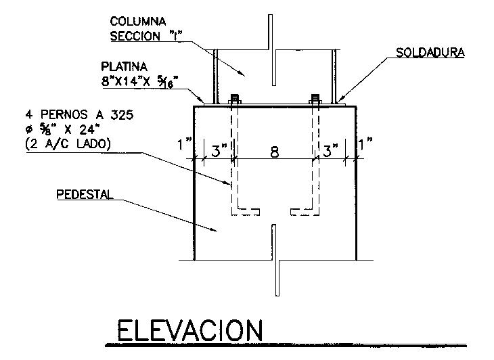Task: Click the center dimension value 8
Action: (x=274, y=152)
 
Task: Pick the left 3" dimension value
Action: (x=218, y=151)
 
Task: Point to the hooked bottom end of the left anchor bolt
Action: (x=247, y=212)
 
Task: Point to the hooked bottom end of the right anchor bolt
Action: (x=302, y=212)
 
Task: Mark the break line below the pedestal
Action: (x=275, y=261)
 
